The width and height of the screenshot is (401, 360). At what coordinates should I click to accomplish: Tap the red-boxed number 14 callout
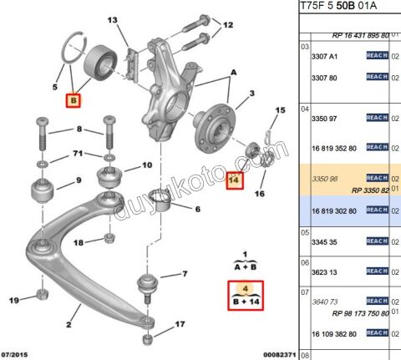coord(235,179)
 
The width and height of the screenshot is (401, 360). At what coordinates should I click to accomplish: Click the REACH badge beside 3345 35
coord(377,241)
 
